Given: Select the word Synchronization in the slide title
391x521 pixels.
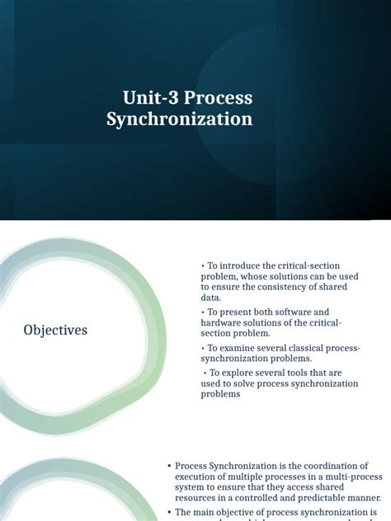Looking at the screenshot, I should click(x=180, y=120).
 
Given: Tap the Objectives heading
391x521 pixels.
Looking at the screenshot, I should click(x=55, y=331).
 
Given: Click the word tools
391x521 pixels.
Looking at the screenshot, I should click(x=294, y=373).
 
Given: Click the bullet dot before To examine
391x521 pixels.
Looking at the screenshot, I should click(x=203, y=349).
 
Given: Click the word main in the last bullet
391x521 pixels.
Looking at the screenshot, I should click(x=206, y=513).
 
